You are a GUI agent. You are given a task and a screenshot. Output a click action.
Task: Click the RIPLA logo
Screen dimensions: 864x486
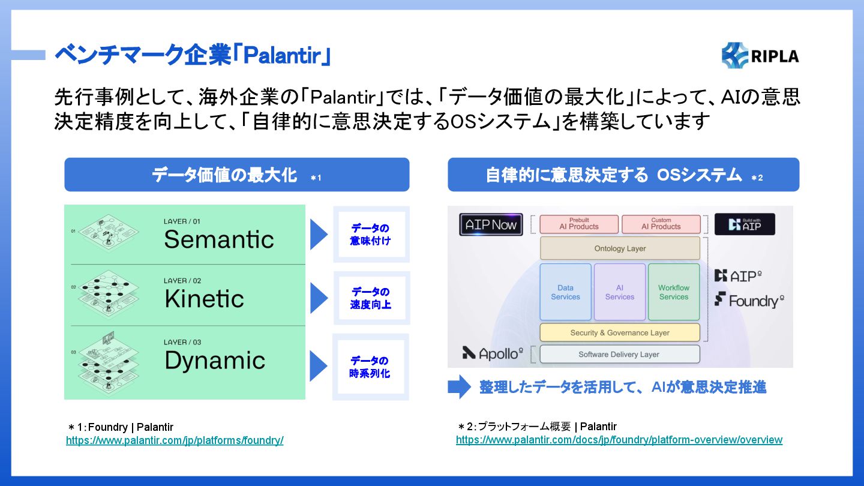pos(760,56)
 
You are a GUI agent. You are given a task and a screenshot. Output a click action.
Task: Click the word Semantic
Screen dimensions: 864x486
pos(218,239)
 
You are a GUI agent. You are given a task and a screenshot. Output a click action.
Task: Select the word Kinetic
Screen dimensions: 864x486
pos(204,299)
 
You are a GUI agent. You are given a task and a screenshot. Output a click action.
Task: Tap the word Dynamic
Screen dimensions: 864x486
pos(215,361)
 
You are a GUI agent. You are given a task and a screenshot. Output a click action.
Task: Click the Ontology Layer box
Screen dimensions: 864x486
pos(620,248)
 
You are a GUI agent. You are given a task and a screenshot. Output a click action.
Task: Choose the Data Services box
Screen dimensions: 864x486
pos(565,292)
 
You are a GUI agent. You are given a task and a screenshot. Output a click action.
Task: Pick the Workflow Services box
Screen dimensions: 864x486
pos(674,292)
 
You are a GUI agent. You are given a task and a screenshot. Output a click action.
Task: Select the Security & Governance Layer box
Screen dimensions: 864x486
pos(620,332)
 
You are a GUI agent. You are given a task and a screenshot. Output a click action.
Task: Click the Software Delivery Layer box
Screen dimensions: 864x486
pos(620,354)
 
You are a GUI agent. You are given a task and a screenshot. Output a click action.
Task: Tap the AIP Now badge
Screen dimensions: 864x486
pos(491,224)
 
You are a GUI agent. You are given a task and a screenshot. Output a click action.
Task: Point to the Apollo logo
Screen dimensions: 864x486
pos(493,353)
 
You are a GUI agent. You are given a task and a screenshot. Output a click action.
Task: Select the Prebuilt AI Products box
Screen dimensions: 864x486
pos(579,224)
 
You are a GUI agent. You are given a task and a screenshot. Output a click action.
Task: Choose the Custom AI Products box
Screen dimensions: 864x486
pos(661,224)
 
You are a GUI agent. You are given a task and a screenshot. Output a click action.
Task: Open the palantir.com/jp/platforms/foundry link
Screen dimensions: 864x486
pos(175,440)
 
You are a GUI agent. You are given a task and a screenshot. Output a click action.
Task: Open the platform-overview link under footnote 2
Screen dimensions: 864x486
pos(619,440)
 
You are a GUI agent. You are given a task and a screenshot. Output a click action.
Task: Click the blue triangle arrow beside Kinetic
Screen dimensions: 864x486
pos(319,298)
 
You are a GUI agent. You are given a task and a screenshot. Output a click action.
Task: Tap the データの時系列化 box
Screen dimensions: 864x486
pos(370,367)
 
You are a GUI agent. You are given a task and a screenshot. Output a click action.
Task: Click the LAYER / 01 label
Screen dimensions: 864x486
pos(182,221)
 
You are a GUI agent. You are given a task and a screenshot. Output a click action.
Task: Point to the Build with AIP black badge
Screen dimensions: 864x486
pos(745,224)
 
